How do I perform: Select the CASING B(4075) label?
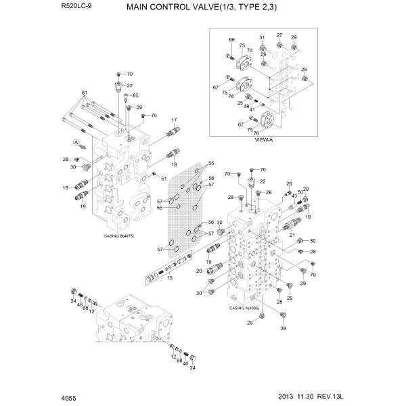tap(118, 236)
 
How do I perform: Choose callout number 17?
tap(173, 120)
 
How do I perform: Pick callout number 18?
tap(66, 187)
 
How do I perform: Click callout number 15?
tap(170, 277)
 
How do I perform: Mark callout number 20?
tap(199, 271)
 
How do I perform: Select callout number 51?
tap(164, 178)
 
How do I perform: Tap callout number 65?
tap(135, 95)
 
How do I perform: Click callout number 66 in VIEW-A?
tap(231, 41)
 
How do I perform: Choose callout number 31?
tap(262, 37)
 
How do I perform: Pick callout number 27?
tap(279, 35)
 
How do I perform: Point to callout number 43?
tap(294, 196)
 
